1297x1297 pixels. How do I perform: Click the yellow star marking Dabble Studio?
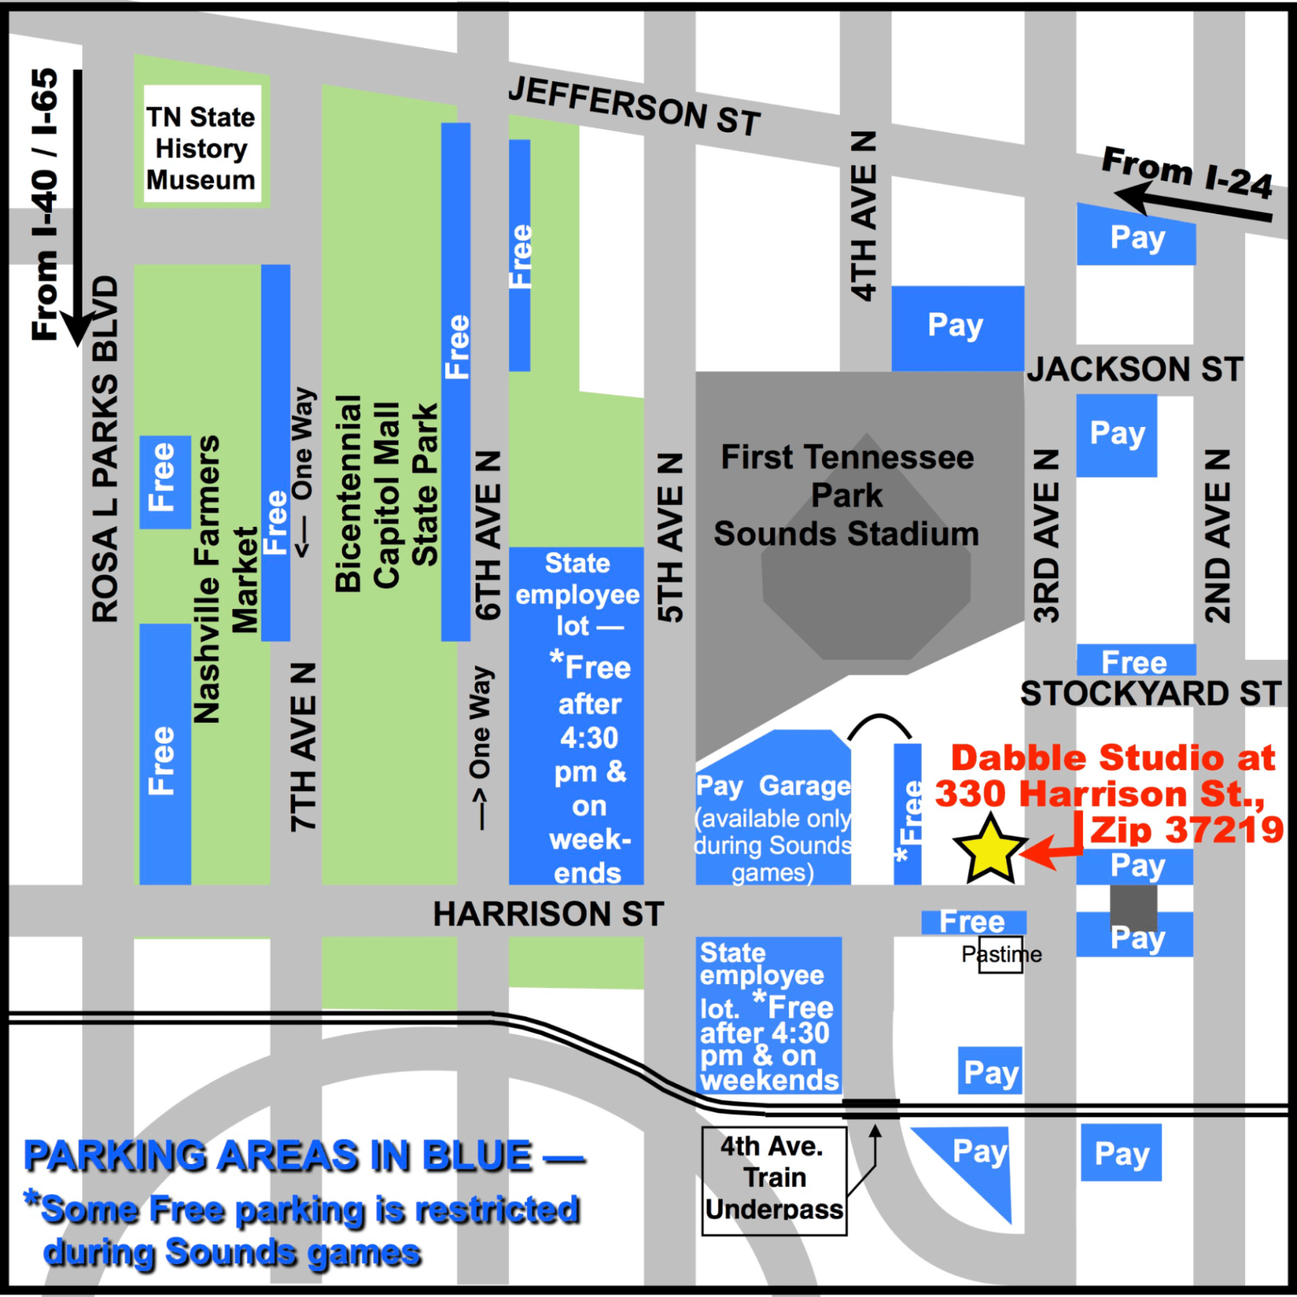[990, 850]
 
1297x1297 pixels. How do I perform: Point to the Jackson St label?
[1135, 370]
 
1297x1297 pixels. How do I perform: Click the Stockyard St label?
[1150, 694]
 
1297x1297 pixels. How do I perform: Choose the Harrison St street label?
[549, 914]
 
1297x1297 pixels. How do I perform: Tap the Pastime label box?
[1001, 955]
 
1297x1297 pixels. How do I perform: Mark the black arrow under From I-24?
[1192, 205]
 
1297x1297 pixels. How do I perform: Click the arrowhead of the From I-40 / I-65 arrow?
[77, 327]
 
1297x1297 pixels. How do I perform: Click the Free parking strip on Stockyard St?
[1136, 661]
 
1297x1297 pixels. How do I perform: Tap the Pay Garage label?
[773, 786]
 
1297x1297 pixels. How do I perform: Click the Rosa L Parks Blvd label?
[105, 449]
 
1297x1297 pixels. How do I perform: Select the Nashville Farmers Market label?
[225, 579]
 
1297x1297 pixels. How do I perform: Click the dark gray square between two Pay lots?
[1134, 907]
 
